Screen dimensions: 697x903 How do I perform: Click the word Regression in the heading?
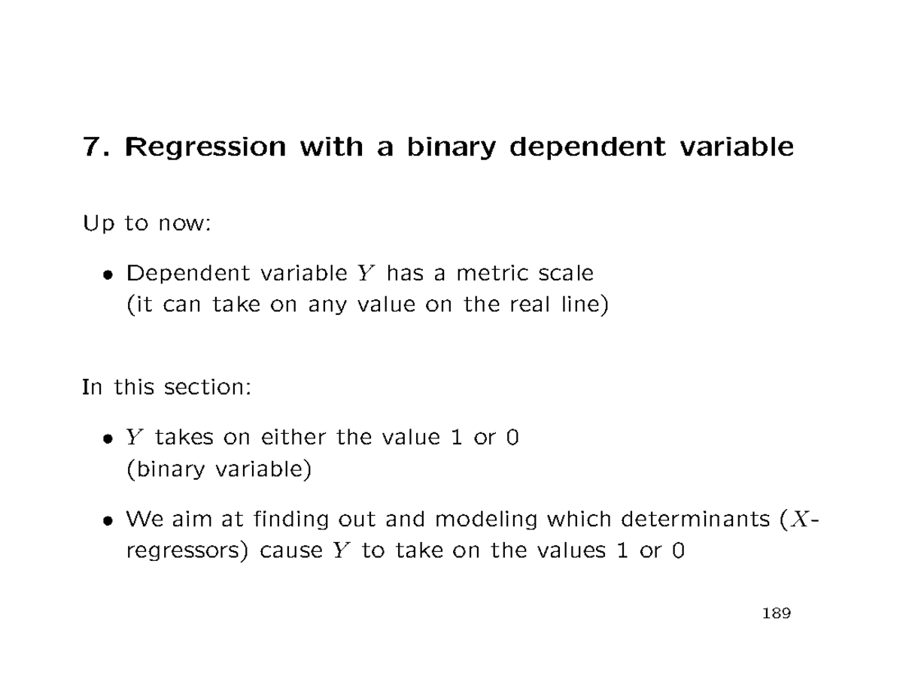[205, 147]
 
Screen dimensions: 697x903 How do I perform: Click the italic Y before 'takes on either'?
[134, 438]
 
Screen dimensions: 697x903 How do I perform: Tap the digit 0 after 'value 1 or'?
[512, 437]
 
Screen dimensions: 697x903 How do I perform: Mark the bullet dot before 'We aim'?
[110, 520]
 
